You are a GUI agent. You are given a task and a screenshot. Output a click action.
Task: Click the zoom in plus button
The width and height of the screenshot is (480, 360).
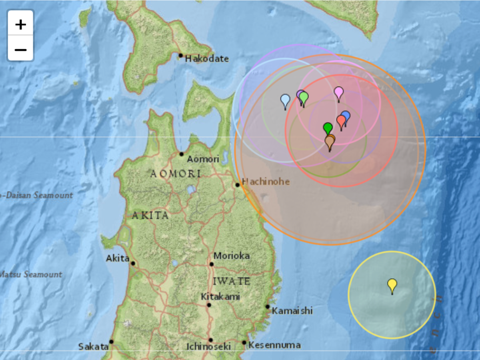pyautogui.click(x=20, y=25)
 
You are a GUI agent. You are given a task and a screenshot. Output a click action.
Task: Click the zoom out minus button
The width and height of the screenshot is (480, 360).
pyautogui.click(x=20, y=50)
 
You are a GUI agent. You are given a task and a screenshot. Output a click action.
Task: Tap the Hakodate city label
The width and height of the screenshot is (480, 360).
pyautogui.click(x=207, y=59)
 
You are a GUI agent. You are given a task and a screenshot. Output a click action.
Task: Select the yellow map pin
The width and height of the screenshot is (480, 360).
pyautogui.click(x=392, y=285)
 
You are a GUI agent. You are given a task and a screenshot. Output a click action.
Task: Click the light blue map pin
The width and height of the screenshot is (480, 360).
pyautogui.click(x=285, y=100)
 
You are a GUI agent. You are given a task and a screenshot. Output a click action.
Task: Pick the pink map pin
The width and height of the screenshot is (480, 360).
pyautogui.click(x=339, y=92)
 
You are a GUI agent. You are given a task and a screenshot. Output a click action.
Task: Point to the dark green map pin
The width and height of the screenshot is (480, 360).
pyautogui.click(x=328, y=128)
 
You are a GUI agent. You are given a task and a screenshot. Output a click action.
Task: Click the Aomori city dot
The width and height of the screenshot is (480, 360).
pyautogui.click(x=181, y=154)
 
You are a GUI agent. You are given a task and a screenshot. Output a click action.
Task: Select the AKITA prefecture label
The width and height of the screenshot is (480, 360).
pyautogui.click(x=150, y=216)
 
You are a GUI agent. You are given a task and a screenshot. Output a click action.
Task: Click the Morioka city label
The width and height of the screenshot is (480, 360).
pyautogui.click(x=232, y=256)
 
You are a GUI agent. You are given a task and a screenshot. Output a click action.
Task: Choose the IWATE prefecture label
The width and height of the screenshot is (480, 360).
pyautogui.click(x=231, y=281)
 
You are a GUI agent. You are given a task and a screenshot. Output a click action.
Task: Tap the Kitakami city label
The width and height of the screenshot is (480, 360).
pyautogui.click(x=220, y=297)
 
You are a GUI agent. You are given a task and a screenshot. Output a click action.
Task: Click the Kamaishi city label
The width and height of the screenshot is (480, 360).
pyautogui.click(x=292, y=311)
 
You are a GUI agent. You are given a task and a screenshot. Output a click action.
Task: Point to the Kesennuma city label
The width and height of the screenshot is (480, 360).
pyautogui.click(x=274, y=345)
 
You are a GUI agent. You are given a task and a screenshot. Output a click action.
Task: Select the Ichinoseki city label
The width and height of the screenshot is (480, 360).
pyautogui.click(x=208, y=346)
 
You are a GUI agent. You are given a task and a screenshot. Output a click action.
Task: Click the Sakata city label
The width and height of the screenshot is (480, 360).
pyautogui.click(x=93, y=346)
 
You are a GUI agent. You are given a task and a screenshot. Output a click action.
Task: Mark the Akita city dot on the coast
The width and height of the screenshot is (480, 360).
pyautogui.click(x=133, y=263)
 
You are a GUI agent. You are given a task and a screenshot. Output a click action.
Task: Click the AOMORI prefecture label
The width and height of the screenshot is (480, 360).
pyautogui.click(x=176, y=174)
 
